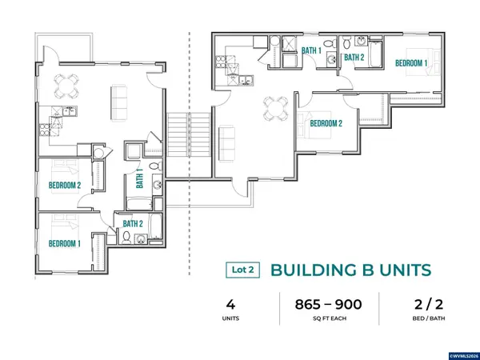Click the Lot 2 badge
point(242,270)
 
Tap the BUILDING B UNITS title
point(351,270)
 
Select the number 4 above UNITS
point(230,305)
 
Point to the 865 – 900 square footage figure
point(329,305)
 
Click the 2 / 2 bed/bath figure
point(429,305)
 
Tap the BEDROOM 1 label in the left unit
point(65,244)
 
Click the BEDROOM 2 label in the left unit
point(65,186)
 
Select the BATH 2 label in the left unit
point(133,224)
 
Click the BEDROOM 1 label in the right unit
point(411,63)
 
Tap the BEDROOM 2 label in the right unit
point(326,124)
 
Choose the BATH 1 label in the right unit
point(312,50)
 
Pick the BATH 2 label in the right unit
point(354,58)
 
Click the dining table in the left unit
point(66,86)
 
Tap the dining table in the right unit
point(276,108)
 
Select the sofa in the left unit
point(118,103)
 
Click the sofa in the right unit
point(227,143)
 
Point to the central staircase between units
point(189,134)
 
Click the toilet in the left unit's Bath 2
point(126,238)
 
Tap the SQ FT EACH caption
point(330,318)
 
